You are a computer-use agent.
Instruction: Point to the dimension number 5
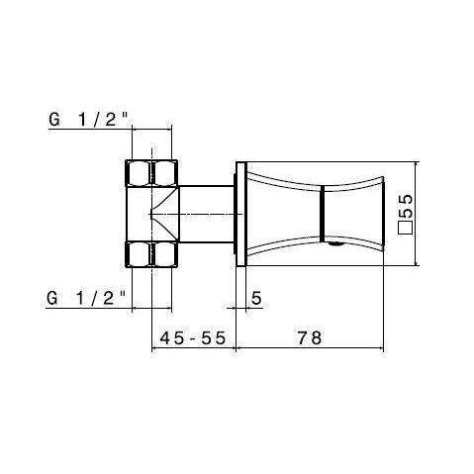(255, 297)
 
